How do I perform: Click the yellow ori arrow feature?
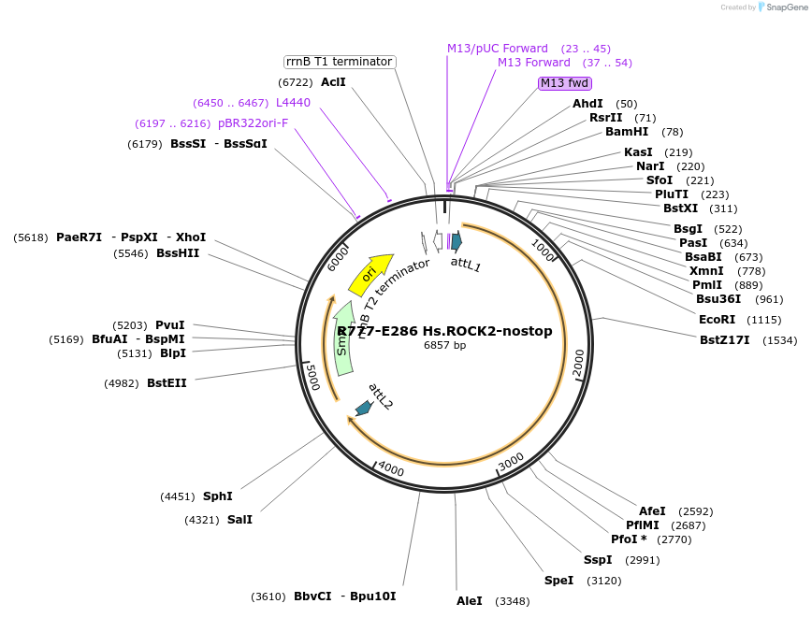[370, 272]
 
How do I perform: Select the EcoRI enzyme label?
[718, 320]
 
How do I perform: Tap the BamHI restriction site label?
[627, 132]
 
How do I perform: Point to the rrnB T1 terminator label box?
[339, 62]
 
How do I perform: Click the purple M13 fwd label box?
[564, 83]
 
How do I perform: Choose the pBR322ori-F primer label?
[253, 122]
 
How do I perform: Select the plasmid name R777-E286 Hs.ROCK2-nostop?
[444, 331]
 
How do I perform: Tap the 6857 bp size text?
[444, 346]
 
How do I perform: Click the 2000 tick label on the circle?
[578, 363]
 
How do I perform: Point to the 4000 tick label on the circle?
[391, 468]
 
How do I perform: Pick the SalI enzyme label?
[239, 519]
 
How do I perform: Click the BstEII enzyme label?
[167, 382]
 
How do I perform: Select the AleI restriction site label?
[469, 600]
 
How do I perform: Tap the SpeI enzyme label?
[558, 580]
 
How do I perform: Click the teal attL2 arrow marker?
[363, 408]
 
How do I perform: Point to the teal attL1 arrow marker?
[457, 241]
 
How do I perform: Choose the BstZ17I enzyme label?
[725, 340]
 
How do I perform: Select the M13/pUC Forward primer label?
[498, 48]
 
